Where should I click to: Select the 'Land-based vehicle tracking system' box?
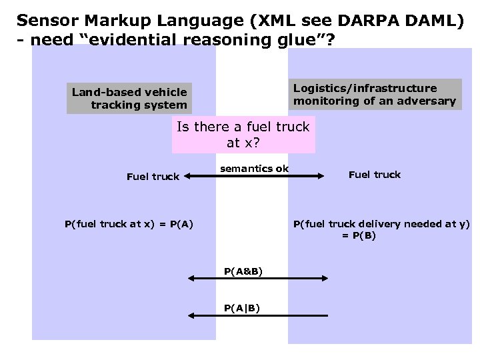129,98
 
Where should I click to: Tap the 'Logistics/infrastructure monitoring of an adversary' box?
375,95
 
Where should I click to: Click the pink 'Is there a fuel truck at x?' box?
243,135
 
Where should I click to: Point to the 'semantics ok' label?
255,169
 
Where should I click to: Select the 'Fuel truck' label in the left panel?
153,177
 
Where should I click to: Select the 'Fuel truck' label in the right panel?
374,175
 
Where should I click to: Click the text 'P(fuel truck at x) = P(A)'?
129,224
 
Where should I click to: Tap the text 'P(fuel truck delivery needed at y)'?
381,224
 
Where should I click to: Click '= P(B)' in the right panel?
359,236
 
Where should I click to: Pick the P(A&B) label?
243,271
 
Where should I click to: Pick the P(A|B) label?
242,307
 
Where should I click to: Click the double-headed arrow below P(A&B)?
257,278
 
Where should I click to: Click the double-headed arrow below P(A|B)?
257,315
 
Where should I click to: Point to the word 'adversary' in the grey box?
429,101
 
